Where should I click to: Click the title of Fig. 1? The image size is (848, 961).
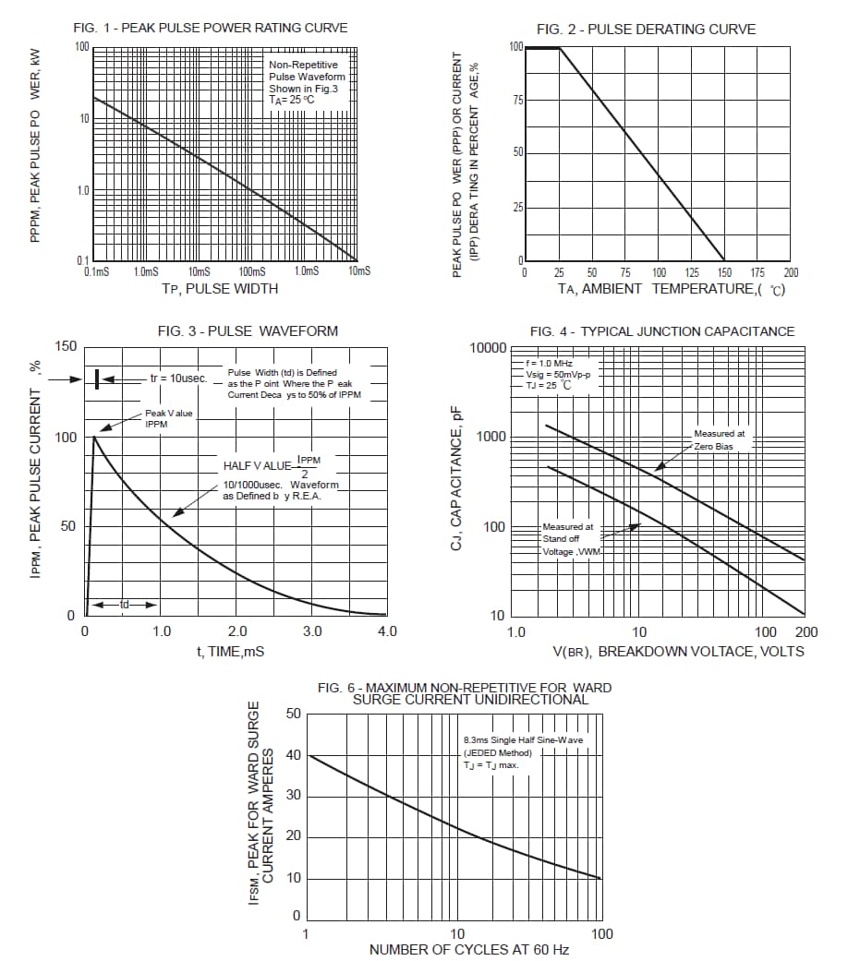click(211, 28)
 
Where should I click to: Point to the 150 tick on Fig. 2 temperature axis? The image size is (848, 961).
click(724, 272)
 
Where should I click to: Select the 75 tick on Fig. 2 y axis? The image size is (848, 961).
click(517, 100)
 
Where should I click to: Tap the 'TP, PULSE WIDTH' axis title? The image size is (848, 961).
click(220, 288)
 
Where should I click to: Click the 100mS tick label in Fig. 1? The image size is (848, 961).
click(251, 271)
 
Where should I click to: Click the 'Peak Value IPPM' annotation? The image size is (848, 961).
click(169, 418)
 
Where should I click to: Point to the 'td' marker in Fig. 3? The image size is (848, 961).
click(124, 605)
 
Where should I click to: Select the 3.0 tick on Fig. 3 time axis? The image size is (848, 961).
click(312, 631)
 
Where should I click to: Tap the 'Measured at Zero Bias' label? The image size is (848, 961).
click(721, 438)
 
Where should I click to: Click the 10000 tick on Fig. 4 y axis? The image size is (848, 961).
click(488, 348)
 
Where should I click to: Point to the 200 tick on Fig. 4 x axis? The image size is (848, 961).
click(806, 632)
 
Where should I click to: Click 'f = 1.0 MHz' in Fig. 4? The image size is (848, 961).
click(549, 363)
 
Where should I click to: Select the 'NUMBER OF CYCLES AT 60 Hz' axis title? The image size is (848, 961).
click(469, 950)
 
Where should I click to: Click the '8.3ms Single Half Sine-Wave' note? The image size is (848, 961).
click(523, 740)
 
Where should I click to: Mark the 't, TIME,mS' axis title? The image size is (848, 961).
click(230, 651)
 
